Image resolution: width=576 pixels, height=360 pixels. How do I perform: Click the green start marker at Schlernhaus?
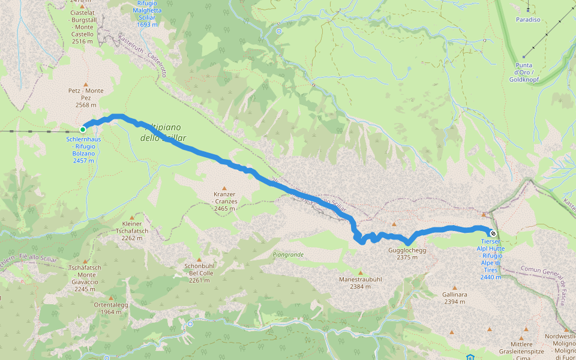83,129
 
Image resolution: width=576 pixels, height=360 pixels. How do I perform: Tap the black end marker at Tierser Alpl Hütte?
493,233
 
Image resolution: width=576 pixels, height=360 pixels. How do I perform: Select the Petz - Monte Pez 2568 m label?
86,98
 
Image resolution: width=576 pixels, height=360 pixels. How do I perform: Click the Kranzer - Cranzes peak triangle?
225,188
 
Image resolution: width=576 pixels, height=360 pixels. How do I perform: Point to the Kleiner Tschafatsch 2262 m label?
131,230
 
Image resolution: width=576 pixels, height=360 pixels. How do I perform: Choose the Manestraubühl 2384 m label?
360,283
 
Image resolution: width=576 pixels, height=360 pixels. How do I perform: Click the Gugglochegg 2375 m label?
411,253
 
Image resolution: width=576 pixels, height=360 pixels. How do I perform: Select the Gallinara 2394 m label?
454,298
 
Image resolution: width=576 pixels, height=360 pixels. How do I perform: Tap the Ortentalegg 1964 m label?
111,308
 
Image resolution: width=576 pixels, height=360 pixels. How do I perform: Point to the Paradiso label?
528,20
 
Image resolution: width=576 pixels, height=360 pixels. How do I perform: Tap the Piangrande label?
288,254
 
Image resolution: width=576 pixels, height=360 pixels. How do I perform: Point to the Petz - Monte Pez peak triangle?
86,85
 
